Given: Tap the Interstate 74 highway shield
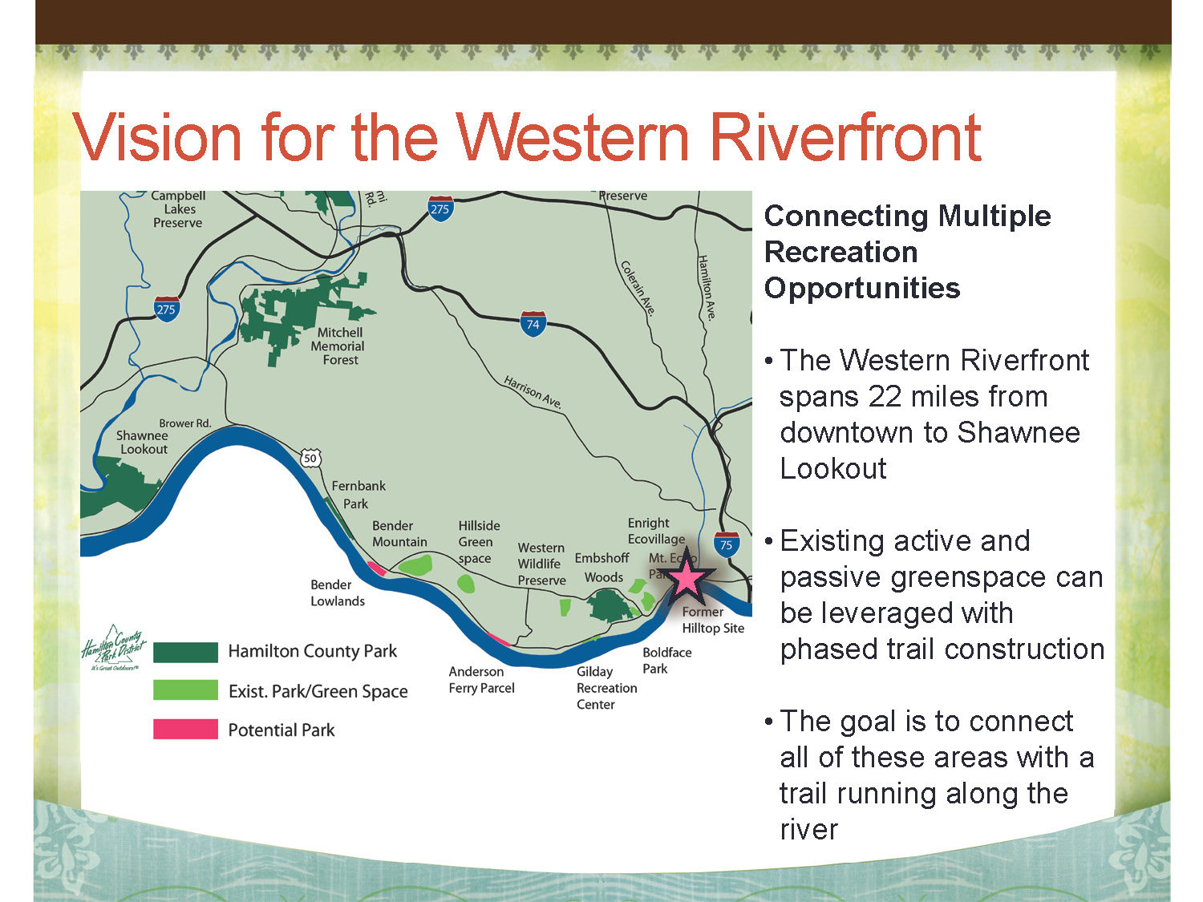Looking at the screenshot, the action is pos(533,324).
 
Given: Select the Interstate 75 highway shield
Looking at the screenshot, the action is pos(726,544).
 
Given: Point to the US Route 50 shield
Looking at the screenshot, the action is pos(310,458).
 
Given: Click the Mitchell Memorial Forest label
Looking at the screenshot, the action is pos(338,346).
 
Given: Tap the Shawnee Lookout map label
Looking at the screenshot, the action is pos(142,442).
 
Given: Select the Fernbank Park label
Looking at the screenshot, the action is pos(358,494).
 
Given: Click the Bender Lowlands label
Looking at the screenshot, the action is pos(337,593).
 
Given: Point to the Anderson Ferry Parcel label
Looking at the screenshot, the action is pos(481,680).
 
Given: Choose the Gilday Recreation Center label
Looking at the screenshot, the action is pos(606,688).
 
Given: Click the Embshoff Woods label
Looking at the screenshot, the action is pos(602,568).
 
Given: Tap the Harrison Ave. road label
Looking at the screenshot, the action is pos(533,392).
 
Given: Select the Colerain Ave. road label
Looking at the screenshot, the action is pos(638,288).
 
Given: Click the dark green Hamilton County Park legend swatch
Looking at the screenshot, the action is pos(185,653).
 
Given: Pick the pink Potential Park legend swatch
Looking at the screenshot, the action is pos(185,729).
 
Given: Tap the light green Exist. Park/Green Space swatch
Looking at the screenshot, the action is pos(185,690).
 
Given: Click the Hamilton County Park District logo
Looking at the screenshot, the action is pos(114,648).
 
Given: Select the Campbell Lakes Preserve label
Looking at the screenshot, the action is pos(178,209).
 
